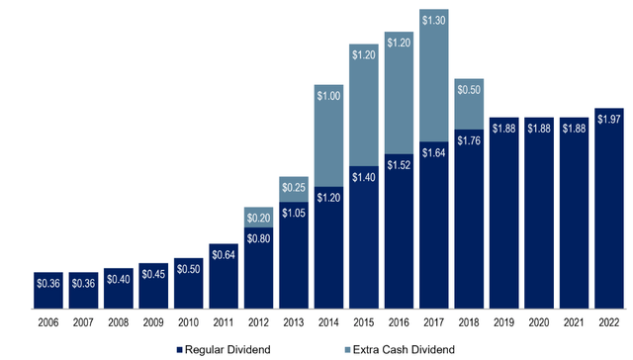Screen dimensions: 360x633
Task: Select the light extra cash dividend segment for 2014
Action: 329,134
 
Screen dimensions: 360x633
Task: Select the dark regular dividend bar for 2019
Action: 504,218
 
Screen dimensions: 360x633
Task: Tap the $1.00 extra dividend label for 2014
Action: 329,95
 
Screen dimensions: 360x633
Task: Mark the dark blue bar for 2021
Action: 575,218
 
